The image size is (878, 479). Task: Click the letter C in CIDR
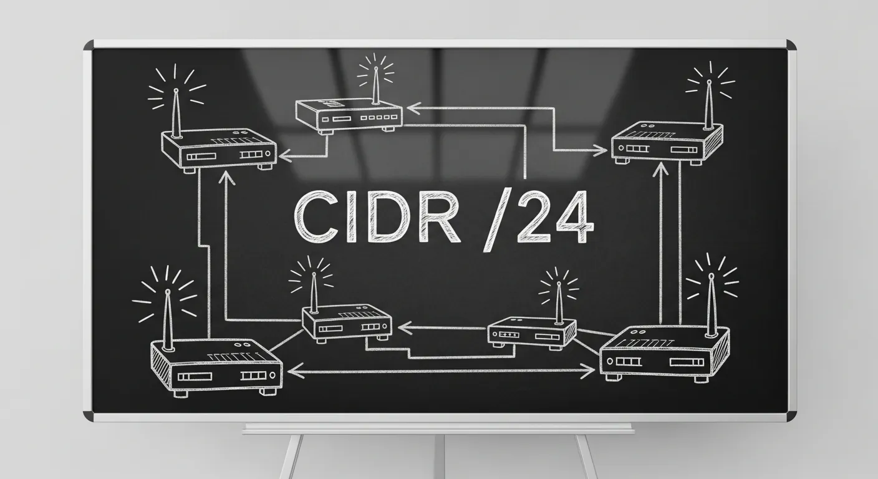[316, 217]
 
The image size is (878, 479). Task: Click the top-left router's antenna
[176, 113]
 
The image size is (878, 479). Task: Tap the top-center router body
[349, 116]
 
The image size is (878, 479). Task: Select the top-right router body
[667, 143]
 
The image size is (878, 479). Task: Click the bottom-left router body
[216, 367]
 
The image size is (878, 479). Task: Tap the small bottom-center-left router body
[347, 322]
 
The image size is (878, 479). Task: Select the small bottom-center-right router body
[532, 332]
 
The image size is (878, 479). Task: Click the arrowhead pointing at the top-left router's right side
[285, 157]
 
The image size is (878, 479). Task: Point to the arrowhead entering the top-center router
[413, 108]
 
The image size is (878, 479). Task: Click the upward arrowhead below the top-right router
[661, 170]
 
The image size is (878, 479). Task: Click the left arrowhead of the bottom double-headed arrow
[296, 371]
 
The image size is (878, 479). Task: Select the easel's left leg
[291, 457]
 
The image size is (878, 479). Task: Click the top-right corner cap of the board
[791, 44]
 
